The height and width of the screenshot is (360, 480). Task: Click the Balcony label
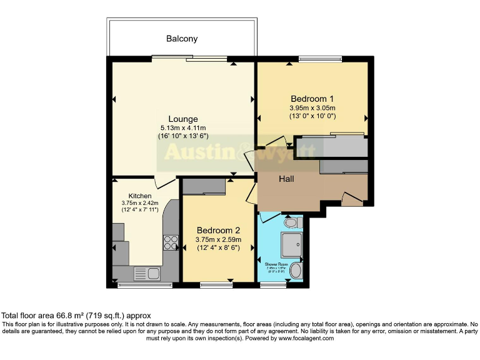[x=182, y=39]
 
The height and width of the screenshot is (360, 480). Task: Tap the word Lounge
[x=183, y=119]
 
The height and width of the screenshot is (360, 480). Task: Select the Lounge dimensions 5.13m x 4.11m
[x=182, y=128]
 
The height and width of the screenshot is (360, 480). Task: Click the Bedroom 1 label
[x=312, y=99]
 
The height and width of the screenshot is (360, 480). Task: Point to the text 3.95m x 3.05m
[x=312, y=107]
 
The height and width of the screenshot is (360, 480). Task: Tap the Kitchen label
[x=140, y=196]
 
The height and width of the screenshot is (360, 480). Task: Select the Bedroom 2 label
[x=218, y=229]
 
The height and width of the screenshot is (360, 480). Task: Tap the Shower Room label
[x=280, y=265]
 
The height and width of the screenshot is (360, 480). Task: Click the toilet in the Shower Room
[x=292, y=222]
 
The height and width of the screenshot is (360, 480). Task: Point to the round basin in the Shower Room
[x=296, y=271]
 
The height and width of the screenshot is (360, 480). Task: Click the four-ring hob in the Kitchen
[x=171, y=242]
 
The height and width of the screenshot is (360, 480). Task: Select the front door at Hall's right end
[x=352, y=199]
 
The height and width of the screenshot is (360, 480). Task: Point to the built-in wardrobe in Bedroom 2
[x=204, y=186]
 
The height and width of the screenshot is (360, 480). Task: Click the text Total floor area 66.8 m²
[x=76, y=316]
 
